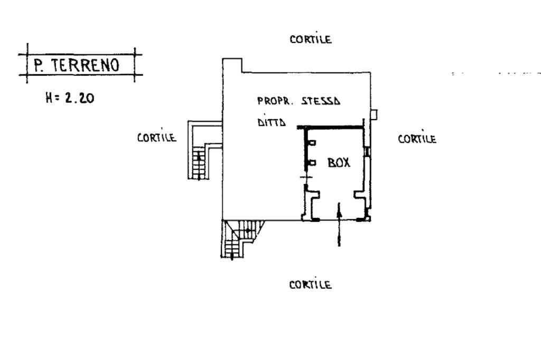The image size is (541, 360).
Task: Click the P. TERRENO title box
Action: [x=77, y=65]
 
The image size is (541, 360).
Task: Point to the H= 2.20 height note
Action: [x=70, y=98]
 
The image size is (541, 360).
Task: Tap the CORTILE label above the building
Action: [x=311, y=39]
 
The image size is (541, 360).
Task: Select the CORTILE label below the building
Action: [x=311, y=285]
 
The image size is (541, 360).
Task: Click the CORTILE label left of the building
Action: [x=156, y=137]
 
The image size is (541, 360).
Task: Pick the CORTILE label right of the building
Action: [x=417, y=139]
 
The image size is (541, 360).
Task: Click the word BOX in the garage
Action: [x=339, y=163]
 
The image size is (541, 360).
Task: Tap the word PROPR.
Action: [x=272, y=100]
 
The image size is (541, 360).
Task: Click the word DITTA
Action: [x=272, y=123]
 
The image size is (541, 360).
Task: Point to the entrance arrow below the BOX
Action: [x=339, y=226]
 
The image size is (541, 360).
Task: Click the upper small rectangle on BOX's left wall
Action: [x=312, y=143]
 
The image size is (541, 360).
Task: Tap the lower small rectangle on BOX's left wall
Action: [x=312, y=163]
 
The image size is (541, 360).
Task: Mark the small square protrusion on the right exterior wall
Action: [x=374, y=114]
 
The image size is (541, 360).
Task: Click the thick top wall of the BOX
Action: [x=332, y=127]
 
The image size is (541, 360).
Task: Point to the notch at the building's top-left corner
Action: [x=232, y=66]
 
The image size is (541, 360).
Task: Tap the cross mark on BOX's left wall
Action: [x=304, y=178]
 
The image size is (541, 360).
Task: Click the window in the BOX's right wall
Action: [x=369, y=152]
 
